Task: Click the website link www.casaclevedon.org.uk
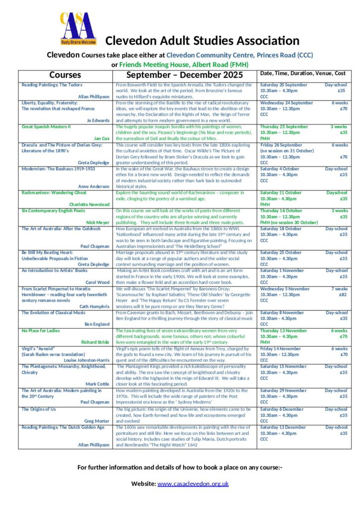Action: click(x=193, y=484)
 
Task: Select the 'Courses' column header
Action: click(x=65, y=76)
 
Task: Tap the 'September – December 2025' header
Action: click(x=184, y=76)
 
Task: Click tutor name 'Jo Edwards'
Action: click(x=98, y=120)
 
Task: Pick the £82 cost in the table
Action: click(x=343, y=294)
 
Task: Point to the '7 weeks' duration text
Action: click(x=340, y=289)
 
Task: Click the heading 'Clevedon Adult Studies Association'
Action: click(x=202, y=41)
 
